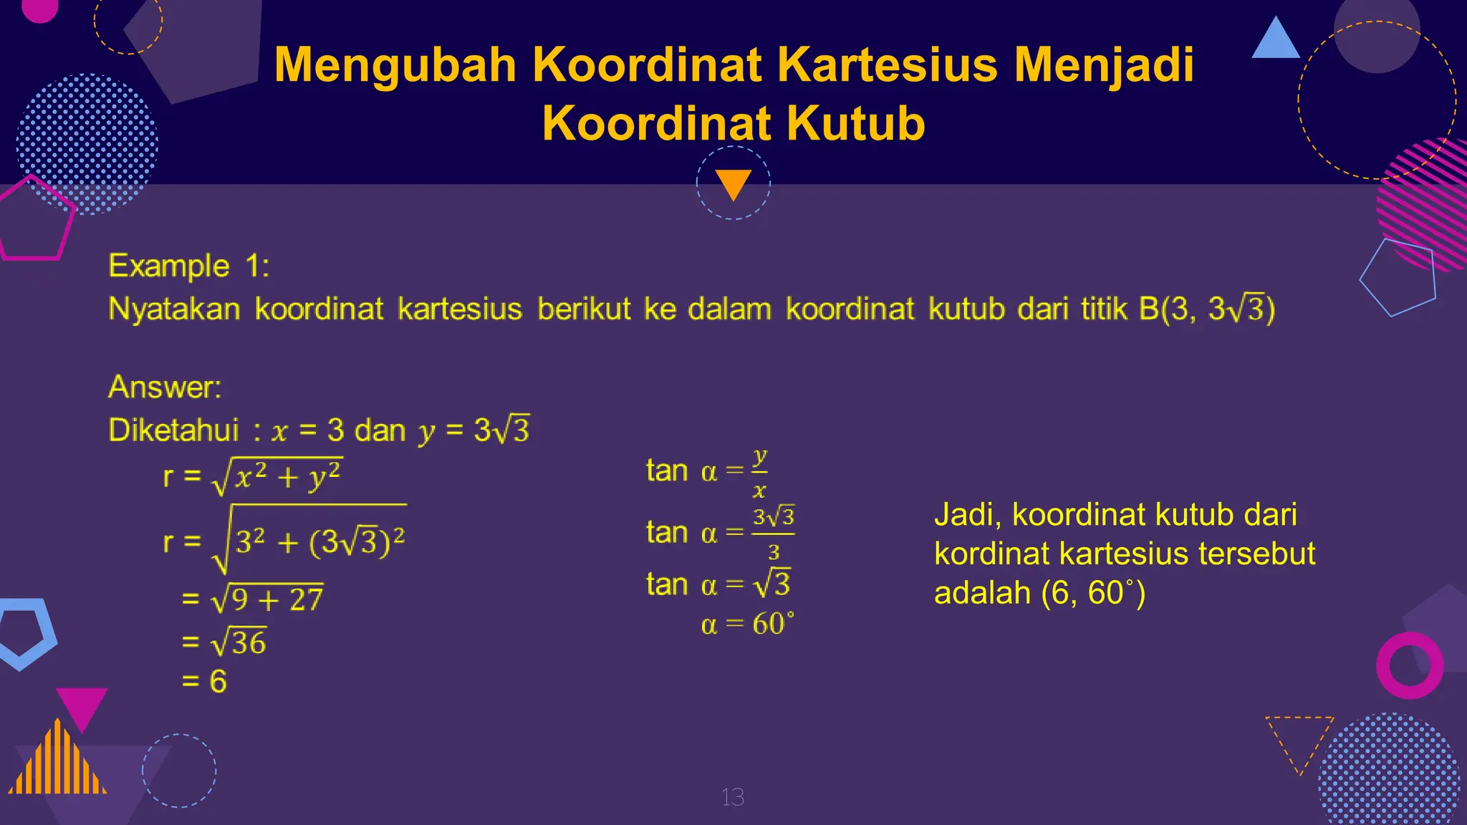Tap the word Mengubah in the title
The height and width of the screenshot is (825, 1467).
coord(395,65)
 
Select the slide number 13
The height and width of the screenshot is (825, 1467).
coord(733,797)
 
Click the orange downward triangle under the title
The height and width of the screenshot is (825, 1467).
coord(733,183)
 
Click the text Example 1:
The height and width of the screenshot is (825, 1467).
coord(189,266)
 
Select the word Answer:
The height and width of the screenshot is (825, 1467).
coord(165,387)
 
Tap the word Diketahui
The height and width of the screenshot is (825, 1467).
coord(173,430)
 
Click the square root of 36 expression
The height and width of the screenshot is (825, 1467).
coord(239,642)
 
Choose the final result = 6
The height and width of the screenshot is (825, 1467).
coord(205,681)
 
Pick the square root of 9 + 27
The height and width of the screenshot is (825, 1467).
coord(266,599)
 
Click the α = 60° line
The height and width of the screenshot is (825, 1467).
coord(747,624)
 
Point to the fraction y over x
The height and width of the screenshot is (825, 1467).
coord(759,473)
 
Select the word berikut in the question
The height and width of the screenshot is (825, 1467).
coord(584,309)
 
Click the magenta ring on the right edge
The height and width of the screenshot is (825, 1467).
coord(1410,665)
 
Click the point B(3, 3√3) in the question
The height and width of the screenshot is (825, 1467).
coord(1207,309)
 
